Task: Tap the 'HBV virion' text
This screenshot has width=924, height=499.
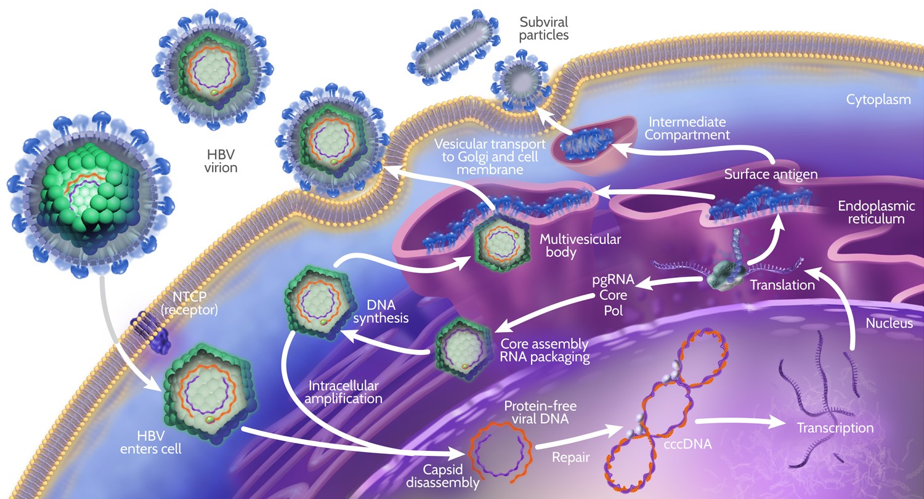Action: click(221, 159)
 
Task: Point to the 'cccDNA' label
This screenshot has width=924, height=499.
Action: click(692, 442)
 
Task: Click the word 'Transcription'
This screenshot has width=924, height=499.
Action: click(835, 428)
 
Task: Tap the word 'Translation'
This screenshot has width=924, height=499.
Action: click(782, 285)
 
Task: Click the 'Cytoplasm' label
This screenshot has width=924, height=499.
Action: click(878, 99)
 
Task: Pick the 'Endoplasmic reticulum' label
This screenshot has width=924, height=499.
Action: click(876, 212)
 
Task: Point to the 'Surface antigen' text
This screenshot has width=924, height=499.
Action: click(771, 174)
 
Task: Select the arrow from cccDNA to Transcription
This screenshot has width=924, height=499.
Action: click(740, 423)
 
